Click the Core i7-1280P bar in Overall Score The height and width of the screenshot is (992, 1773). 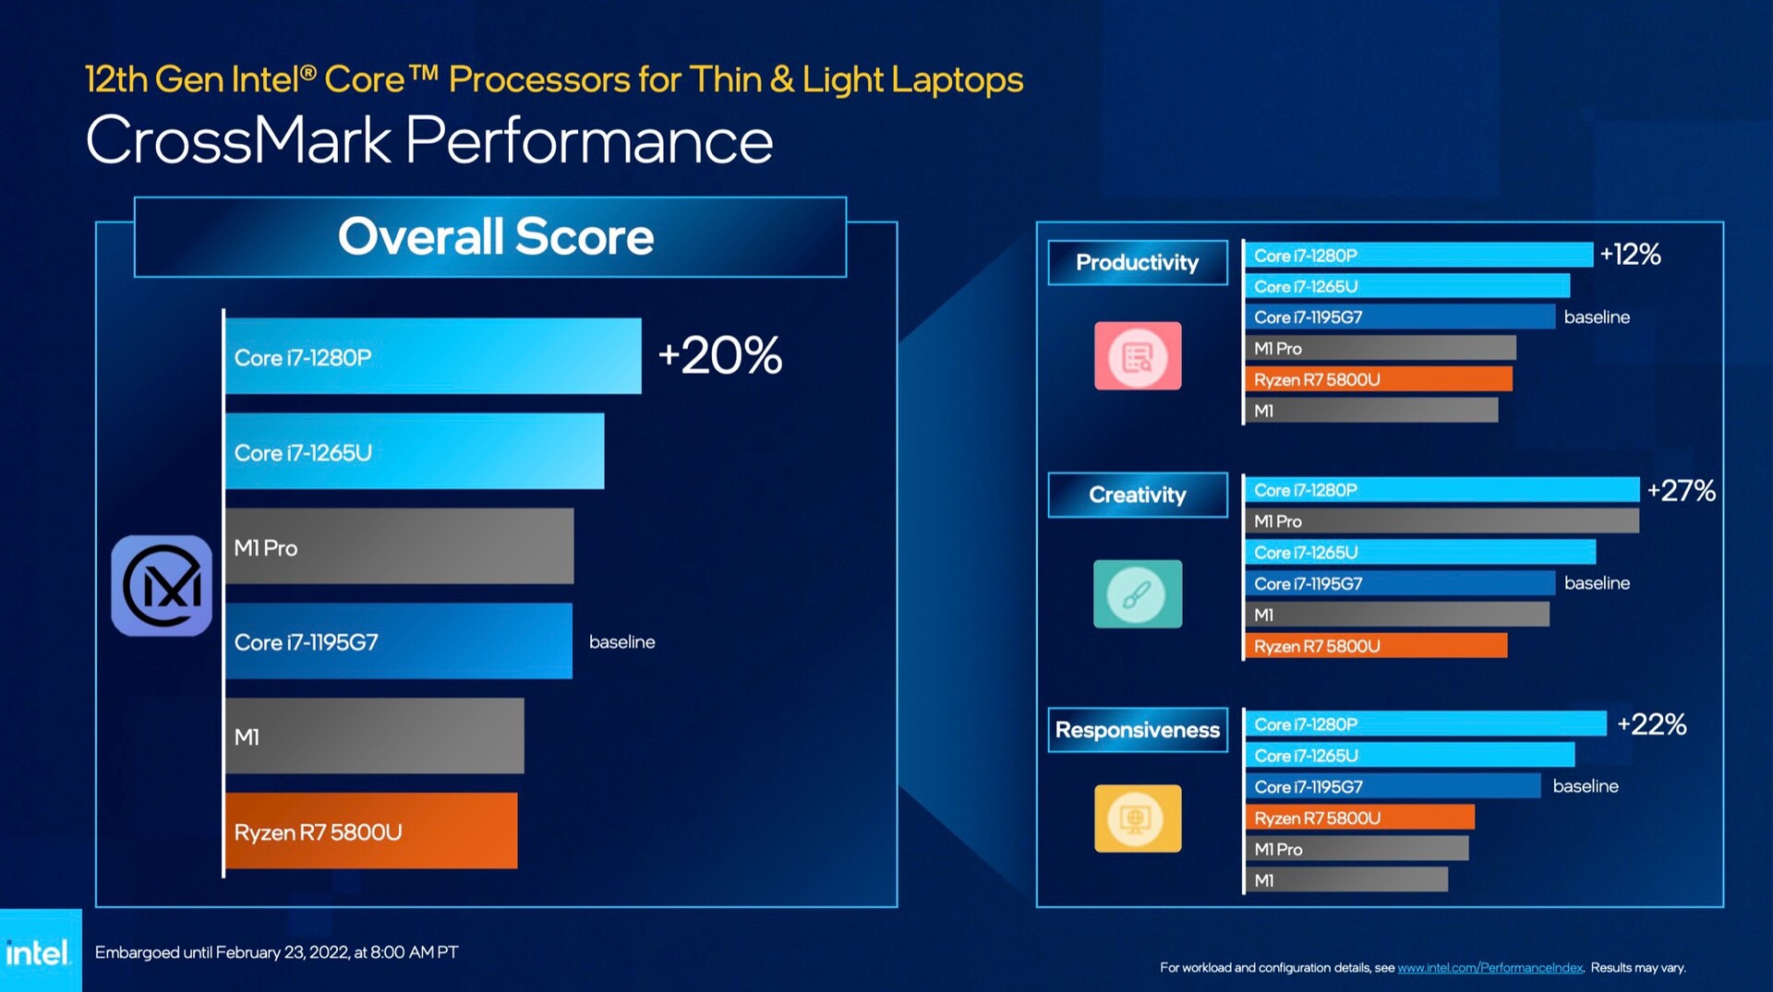click(432, 356)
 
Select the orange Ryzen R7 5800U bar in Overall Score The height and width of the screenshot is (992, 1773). click(370, 831)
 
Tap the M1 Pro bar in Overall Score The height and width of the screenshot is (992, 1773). click(399, 546)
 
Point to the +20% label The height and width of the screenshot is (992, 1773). click(719, 355)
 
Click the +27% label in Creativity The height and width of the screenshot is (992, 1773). click(1681, 490)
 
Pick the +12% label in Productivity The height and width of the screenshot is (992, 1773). click(1630, 254)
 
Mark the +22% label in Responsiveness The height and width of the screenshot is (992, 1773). click(1651, 724)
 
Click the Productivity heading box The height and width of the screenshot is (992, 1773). click(1137, 263)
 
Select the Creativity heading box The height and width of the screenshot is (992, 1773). click(1137, 496)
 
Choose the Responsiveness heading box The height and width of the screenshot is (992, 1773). click(1137, 730)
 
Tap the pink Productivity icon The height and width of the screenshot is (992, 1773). click(1137, 356)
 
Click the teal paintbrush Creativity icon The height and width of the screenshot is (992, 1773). click(1137, 594)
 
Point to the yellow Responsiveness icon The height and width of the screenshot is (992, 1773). click(1137, 819)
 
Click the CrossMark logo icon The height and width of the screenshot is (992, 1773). click(162, 586)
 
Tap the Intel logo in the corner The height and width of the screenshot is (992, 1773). click(39, 952)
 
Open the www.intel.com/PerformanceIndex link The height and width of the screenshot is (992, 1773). click(1490, 968)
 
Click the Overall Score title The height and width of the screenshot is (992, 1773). click(495, 237)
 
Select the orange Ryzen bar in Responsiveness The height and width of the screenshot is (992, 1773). click(1358, 818)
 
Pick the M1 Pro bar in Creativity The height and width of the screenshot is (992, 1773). click(1441, 521)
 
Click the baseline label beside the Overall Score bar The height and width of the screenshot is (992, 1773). click(621, 642)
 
